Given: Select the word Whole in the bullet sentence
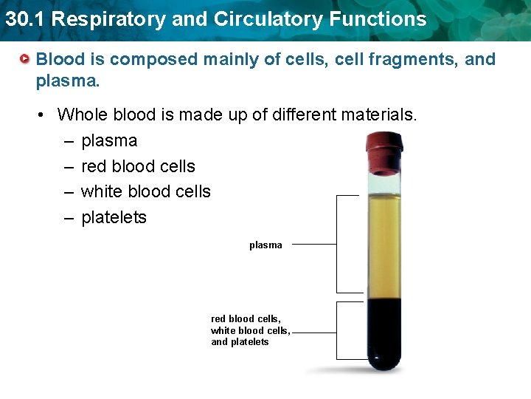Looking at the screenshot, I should coord(80,115).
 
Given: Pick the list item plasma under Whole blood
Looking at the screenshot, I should coord(109,140).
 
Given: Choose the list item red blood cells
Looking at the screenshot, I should coord(138,166).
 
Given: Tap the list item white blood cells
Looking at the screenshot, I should coord(145,191).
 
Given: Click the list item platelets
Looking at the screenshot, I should coord(114,217).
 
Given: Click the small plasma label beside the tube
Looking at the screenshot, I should coord(265,245).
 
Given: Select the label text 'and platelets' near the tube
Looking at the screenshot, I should coord(240,342).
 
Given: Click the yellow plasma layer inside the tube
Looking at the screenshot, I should coord(383,236).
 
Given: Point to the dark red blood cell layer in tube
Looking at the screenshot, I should coord(383,325).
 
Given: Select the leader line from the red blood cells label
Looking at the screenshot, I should coord(313,332).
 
